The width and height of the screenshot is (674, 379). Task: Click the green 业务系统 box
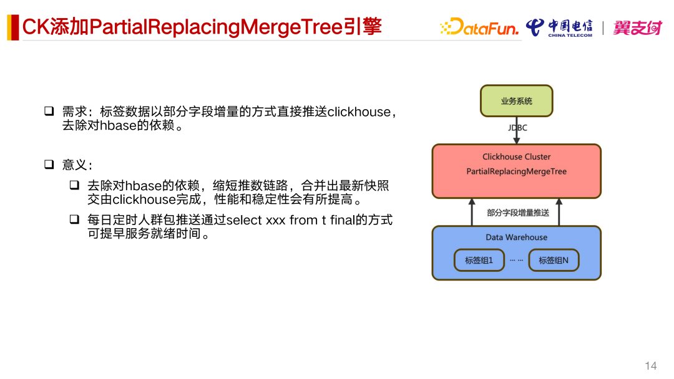click(x=516, y=101)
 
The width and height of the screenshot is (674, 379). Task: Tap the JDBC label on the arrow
click(x=517, y=128)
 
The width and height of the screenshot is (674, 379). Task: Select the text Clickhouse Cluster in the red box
click(x=516, y=157)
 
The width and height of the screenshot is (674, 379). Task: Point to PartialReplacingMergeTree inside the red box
click(x=516, y=171)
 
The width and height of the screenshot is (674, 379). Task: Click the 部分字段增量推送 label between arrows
click(x=517, y=213)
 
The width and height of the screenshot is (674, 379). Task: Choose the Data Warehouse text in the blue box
click(x=516, y=237)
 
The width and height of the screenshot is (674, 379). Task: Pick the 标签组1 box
click(x=479, y=261)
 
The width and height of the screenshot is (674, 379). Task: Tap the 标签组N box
click(x=553, y=261)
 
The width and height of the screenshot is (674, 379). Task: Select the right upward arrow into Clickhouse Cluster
click(x=559, y=211)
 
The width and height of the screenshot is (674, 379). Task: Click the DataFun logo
click(x=479, y=27)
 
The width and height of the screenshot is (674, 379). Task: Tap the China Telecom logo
click(x=559, y=27)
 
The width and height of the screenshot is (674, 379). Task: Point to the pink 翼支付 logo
click(x=637, y=27)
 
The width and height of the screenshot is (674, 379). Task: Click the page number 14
click(x=651, y=365)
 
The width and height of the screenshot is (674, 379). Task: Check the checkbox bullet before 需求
click(x=49, y=112)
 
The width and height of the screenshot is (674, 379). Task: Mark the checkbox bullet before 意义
click(x=49, y=165)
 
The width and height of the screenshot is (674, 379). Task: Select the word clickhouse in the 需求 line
click(x=358, y=112)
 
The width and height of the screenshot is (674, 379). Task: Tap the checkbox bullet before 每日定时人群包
click(x=74, y=219)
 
